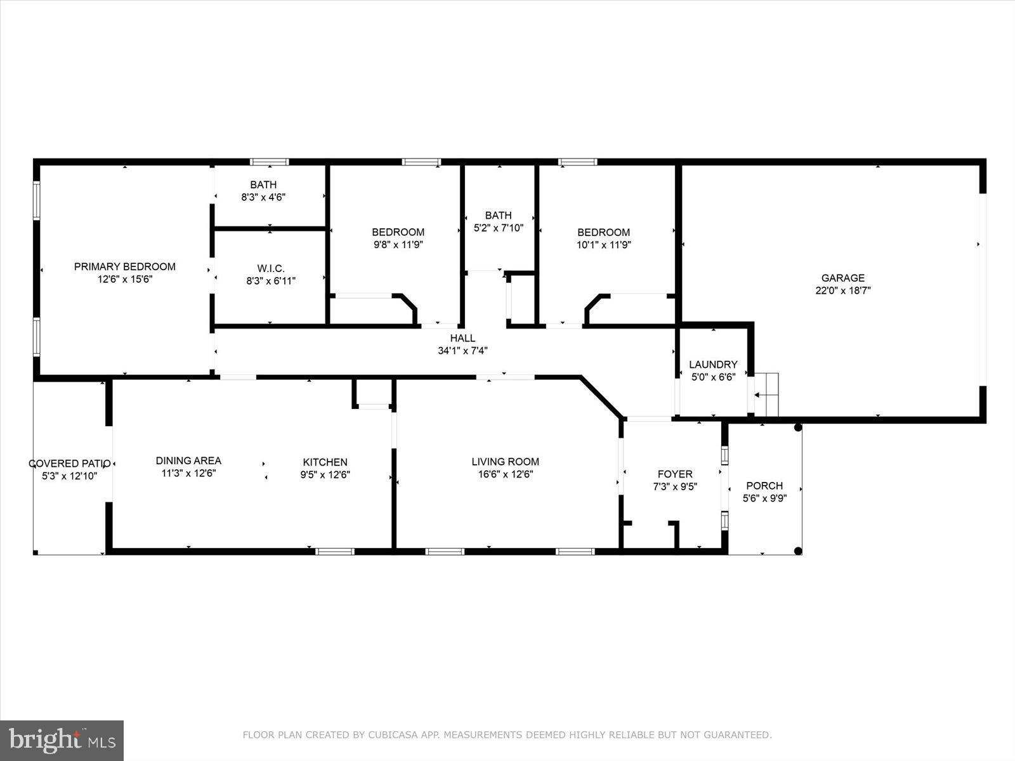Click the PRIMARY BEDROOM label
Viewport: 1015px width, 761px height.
[125, 267]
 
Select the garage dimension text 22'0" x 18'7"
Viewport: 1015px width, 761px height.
[843, 291]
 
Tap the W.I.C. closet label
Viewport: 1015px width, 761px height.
[271, 269]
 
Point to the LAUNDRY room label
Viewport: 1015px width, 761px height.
[713, 365]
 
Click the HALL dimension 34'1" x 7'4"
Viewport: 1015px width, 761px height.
[462, 351]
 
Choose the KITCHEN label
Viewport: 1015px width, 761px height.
[325, 462]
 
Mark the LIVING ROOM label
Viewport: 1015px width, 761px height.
[505, 462]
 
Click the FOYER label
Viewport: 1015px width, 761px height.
[674, 474]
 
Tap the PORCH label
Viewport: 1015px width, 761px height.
[764, 486]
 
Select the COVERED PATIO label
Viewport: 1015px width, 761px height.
[70, 464]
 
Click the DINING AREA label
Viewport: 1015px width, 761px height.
[188, 461]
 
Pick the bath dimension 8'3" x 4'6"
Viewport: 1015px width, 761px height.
[263, 197]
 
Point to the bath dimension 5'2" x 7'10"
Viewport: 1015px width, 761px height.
[499, 228]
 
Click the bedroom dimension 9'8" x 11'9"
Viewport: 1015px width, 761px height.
[398, 244]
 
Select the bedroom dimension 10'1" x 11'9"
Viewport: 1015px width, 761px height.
[603, 244]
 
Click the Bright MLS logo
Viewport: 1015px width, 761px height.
[62, 740]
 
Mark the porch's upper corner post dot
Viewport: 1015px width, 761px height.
[798, 428]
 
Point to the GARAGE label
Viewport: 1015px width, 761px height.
[843, 278]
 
